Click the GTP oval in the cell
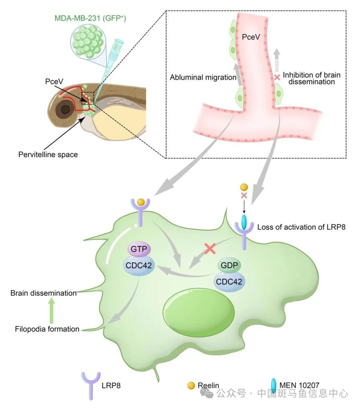click(x=139, y=249)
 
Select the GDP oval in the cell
click(x=230, y=265)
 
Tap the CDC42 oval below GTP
click(x=139, y=265)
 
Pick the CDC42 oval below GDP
click(x=229, y=282)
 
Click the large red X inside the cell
click(x=210, y=248)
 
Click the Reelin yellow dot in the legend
click(x=191, y=386)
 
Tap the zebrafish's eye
click(x=65, y=109)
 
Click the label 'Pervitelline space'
click(x=48, y=155)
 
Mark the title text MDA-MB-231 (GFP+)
click(x=90, y=18)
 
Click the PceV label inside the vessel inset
click(x=251, y=37)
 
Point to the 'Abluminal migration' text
click(x=203, y=77)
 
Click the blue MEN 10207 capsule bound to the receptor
click(x=244, y=222)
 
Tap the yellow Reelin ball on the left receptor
click(x=141, y=202)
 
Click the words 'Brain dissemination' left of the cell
click(x=44, y=293)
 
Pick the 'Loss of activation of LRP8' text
click(x=301, y=227)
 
